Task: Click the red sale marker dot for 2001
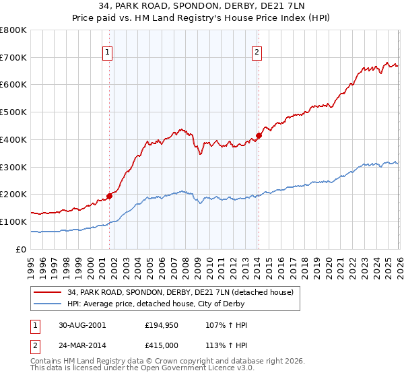(109, 196)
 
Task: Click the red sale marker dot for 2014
(259, 135)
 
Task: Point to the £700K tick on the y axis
(13, 58)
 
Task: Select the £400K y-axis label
(13, 140)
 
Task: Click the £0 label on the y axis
(20, 249)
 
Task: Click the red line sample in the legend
(48, 293)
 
